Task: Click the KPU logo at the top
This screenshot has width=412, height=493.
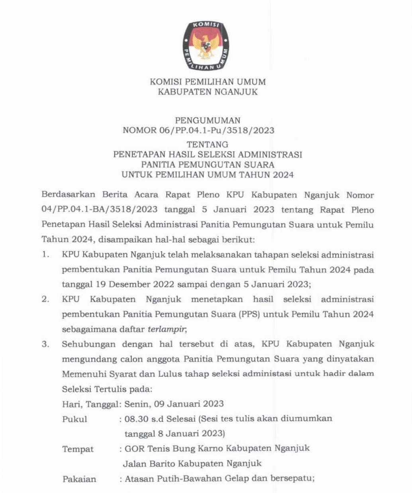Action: click(x=206, y=45)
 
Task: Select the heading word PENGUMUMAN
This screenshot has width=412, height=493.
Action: click(x=208, y=120)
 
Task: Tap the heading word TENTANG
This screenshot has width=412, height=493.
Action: click(x=208, y=144)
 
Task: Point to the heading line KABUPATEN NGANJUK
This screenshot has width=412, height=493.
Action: click(x=208, y=92)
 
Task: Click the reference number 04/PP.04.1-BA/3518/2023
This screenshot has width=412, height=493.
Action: click(x=99, y=210)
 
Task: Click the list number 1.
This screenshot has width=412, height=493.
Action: click(x=45, y=254)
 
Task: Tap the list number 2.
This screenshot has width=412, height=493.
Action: click(x=45, y=299)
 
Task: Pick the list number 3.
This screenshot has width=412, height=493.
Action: click(x=45, y=344)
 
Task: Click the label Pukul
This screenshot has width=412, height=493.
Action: click(x=75, y=419)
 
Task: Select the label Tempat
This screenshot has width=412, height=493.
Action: click(x=78, y=449)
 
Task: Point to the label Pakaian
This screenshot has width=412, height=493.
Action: click(x=79, y=479)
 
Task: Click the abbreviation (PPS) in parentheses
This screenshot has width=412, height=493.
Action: click(x=250, y=314)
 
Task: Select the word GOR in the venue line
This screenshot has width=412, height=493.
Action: click(x=134, y=448)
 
